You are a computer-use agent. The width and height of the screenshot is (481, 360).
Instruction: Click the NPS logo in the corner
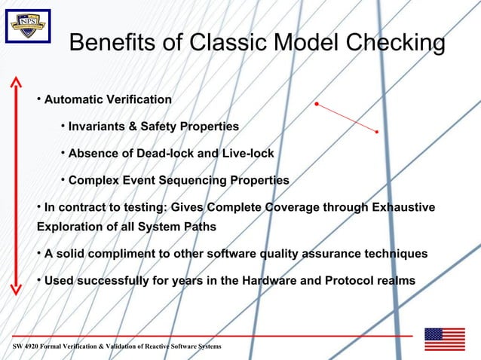coord(28,26)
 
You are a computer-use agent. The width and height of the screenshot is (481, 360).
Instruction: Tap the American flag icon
coord(444,340)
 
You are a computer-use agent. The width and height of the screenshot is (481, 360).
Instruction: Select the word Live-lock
coord(247,154)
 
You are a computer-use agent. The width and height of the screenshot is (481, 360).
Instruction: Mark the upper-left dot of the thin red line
coord(317,103)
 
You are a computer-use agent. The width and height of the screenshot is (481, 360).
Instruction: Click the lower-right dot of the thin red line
coord(376,133)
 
